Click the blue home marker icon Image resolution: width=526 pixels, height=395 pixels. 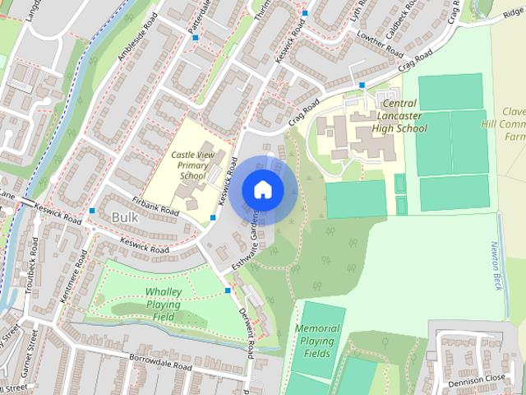pos(262,189)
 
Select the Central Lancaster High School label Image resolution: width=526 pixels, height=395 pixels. pos(399,116)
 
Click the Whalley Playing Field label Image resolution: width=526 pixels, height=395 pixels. pos(164,304)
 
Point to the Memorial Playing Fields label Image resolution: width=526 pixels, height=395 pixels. pos(316,341)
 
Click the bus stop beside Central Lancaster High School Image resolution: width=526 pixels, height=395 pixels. pos(362,85)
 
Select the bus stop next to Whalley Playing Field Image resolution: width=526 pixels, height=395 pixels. pos(228,290)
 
